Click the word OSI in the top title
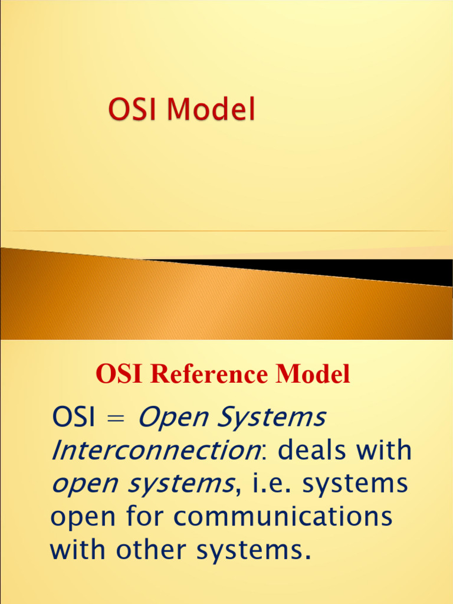point(127,111)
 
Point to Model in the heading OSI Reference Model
point(316,375)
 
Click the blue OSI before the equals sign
point(74,418)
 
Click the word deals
point(313,452)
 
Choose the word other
point(153,550)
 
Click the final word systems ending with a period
point(254,550)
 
